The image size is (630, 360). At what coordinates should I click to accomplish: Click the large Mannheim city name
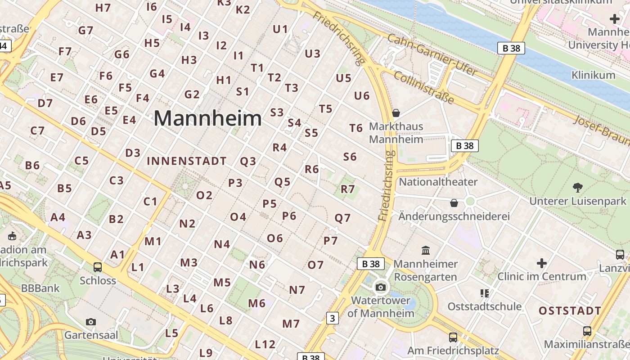(207, 119)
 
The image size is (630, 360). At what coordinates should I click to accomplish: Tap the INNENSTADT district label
(187, 161)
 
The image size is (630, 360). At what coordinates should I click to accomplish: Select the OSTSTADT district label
(570, 311)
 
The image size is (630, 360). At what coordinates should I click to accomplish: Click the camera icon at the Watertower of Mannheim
(381, 287)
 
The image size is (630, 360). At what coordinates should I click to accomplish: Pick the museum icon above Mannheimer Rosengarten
(426, 250)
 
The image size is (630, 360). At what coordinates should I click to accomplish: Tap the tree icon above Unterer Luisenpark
(578, 187)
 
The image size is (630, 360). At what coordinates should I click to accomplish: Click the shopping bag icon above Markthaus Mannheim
(396, 112)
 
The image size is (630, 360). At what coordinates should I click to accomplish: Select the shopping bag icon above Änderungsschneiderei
(454, 203)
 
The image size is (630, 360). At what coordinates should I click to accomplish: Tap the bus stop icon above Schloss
(98, 267)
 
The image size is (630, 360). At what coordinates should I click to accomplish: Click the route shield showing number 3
(332, 319)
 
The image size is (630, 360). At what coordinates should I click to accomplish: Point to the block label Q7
(342, 218)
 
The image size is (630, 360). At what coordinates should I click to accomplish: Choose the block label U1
(280, 29)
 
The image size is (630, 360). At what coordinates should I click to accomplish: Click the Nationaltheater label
(438, 182)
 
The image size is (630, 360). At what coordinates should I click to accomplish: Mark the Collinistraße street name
(423, 87)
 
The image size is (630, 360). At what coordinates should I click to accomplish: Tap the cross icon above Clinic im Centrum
(542, 263)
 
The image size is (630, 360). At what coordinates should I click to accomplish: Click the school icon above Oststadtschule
(484, 293)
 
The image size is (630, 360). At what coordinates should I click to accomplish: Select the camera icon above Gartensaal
(91, 322)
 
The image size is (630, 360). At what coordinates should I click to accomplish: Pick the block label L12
(265, 345)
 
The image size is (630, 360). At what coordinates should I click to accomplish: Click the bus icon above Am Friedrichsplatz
(453, 337)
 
